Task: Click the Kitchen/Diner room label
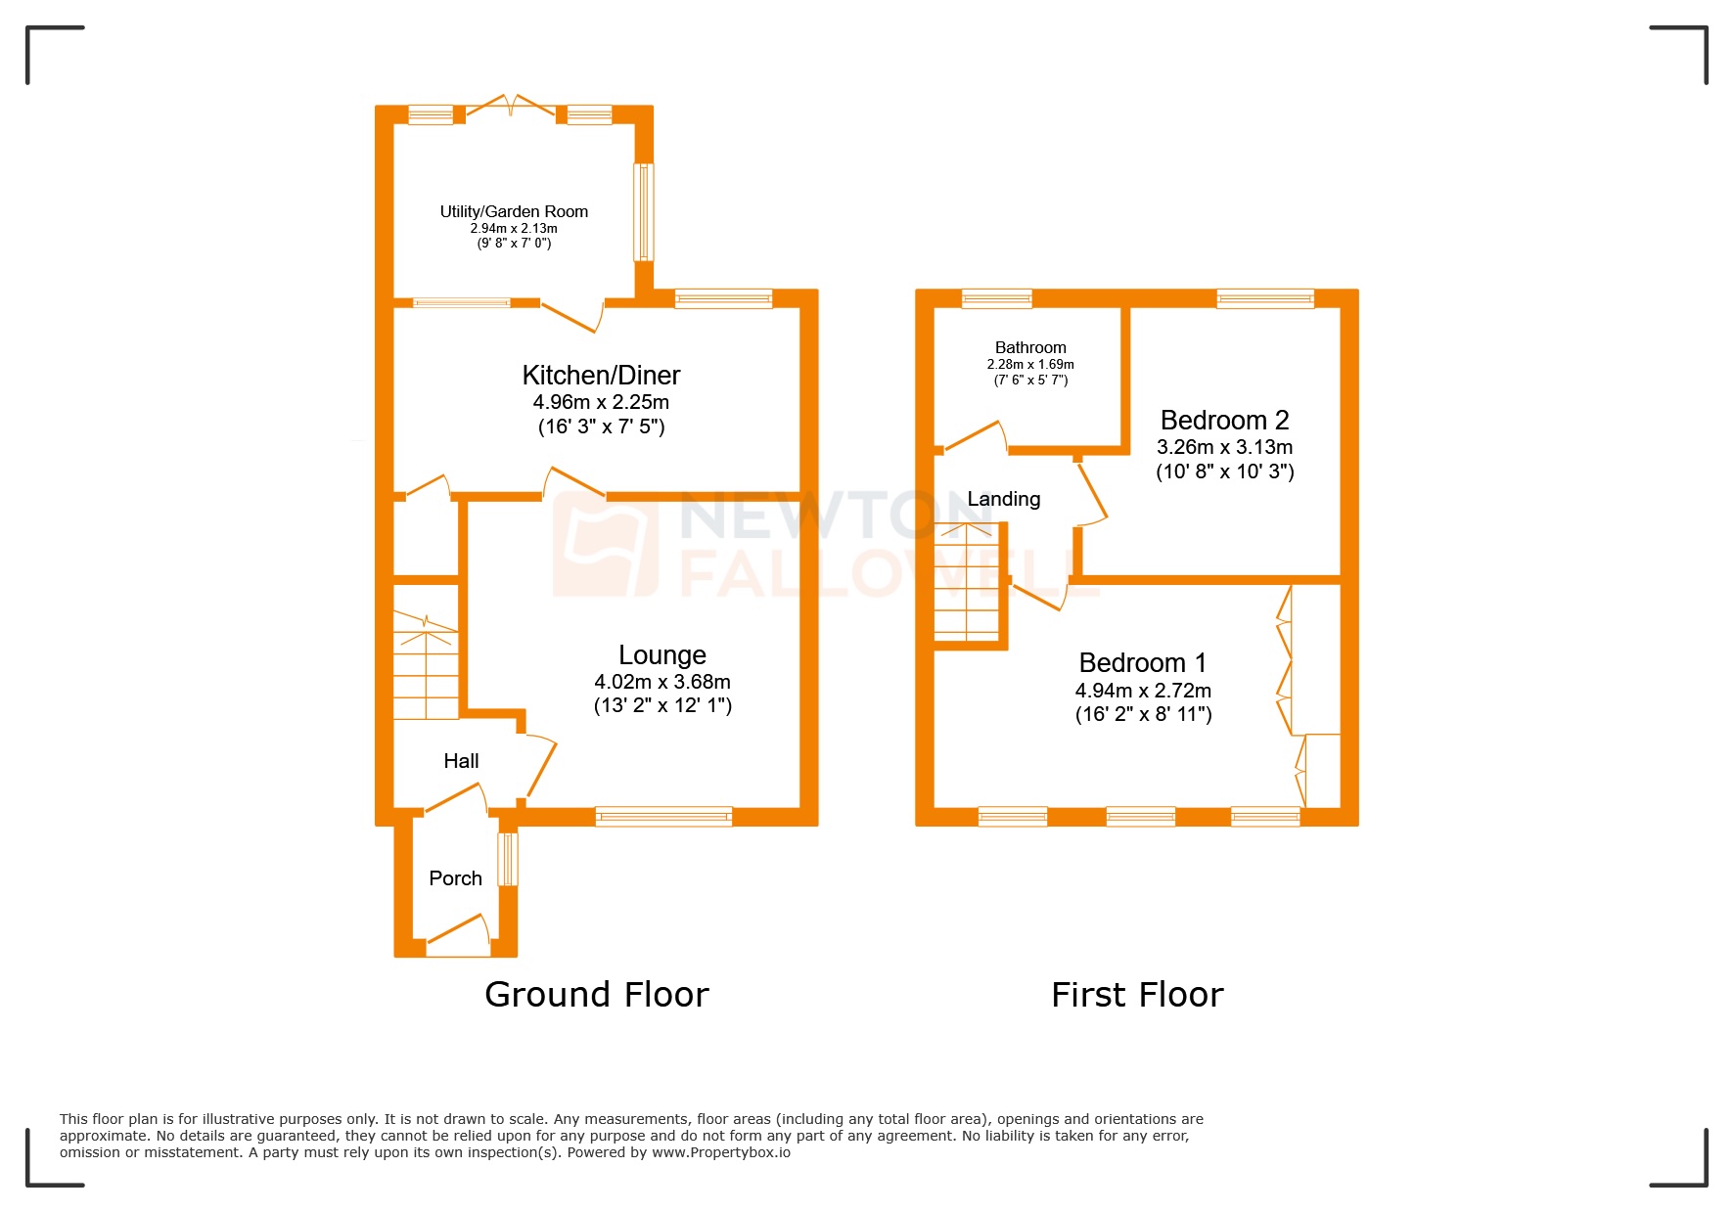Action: [601, 376]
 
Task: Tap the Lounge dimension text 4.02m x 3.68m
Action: [662, 682]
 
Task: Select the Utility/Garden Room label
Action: [514, 211]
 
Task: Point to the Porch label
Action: [455, 878]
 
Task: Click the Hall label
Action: [461, 761]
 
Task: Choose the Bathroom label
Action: [1030, 347]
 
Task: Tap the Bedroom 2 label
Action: [1224, 421]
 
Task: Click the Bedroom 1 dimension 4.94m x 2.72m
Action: [1143, 691]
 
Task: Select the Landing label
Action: [1003, 499]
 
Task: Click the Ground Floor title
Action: [596, 995]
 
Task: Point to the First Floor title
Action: [1137, 995]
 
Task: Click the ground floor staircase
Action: [426, 665]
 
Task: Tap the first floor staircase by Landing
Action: [967, 582]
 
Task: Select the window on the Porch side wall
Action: [507, 859]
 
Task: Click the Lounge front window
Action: [663, 816]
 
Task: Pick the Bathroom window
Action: [996, 298]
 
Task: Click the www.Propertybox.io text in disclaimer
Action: [720, 1152]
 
